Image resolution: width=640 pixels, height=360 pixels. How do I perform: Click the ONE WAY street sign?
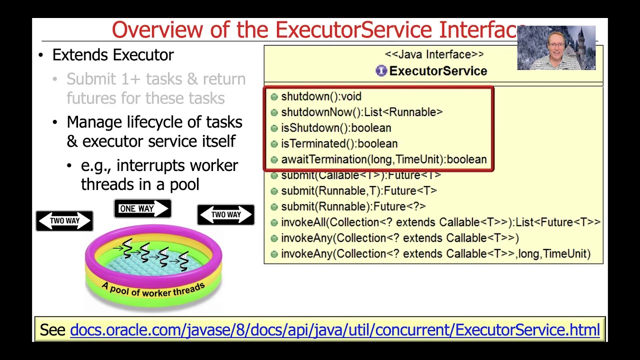tap(142, 208)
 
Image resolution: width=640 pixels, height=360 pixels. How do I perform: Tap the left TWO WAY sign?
tap(64, 220)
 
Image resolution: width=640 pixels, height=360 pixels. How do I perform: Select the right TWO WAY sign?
tap(225, 215)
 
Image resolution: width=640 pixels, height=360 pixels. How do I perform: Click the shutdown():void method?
tap(321, 96)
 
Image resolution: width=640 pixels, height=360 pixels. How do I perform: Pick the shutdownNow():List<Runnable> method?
tap(361, 112)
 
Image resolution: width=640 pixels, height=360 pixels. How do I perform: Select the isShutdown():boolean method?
tap(336, 128)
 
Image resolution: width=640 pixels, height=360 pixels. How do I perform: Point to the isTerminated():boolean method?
tap(339, 144)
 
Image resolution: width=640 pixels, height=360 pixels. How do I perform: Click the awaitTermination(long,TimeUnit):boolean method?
tap(383, 159)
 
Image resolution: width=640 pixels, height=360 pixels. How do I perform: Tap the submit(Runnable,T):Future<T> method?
tap(358, 191)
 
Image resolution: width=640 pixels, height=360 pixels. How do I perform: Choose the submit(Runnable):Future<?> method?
tap(353, 206)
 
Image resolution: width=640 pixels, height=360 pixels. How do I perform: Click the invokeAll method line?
tap(440, 222)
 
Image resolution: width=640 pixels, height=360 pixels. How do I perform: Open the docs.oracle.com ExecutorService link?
tap(334, 330)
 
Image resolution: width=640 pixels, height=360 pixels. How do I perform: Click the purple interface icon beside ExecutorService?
tap(381, 71)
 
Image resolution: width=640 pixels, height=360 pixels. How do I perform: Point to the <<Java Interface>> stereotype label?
tap(434, 54)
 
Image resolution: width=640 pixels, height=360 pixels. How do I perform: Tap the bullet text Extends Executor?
tap(113, 55)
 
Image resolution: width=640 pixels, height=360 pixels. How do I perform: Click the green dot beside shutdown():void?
tap(274, 96)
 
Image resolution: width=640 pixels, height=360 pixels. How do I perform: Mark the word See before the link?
tap(52, 330)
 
